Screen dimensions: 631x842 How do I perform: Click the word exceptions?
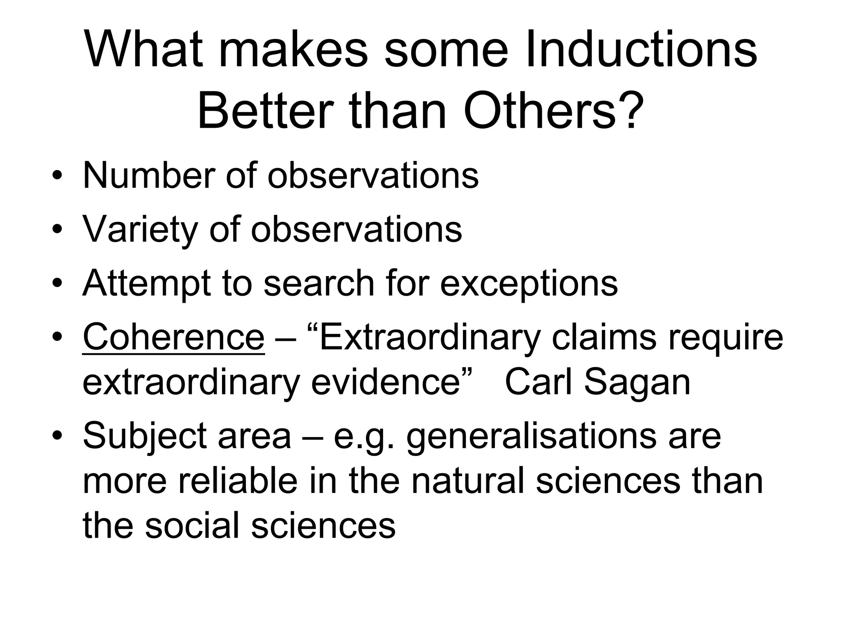pyautogui.click(x=529, y=283)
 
